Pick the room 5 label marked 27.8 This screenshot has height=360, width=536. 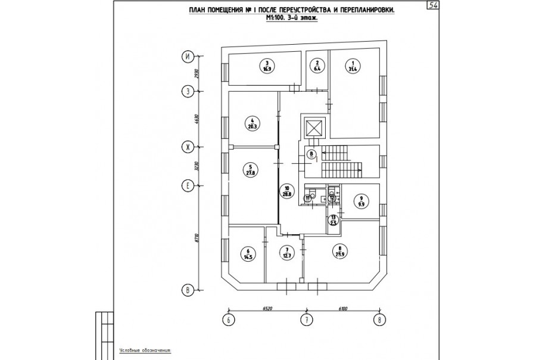pyautogui.click(x=251, y=170)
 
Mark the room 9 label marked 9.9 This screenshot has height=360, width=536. pyautogui.click(x=361, y=201)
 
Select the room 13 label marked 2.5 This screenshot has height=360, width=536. pyautogui.click(x=334, y=220)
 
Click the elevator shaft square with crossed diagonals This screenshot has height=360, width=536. pyautogui.click(x=313, y=128)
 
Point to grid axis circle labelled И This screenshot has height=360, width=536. pyautogui.click(x=188, y=57)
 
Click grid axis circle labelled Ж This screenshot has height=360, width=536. pyautogui.click(x=188, y=147)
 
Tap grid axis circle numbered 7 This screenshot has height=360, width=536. pyautogui.click(x=306, y=321)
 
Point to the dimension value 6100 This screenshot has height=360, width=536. pyautogui.click(x=342, y=309)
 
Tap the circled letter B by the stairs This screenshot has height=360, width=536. pyautogui.click(x=311, y=153)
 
